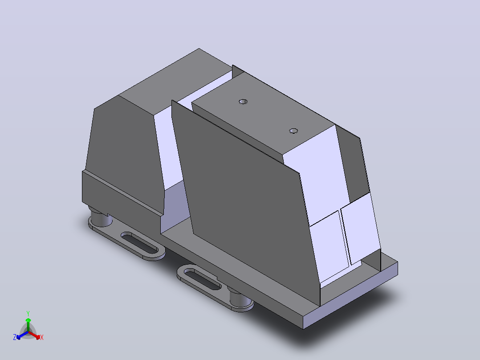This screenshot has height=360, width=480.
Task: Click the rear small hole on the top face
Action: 243,102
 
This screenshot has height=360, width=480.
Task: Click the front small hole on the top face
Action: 293,131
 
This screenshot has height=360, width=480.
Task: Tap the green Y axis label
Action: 28,313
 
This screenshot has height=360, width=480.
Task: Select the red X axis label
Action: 42,337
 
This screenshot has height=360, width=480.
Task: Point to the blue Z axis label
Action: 15,337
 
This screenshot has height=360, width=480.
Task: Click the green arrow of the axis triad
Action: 28,325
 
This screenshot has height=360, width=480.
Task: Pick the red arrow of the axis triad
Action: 34,335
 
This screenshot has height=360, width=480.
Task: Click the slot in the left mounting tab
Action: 140,243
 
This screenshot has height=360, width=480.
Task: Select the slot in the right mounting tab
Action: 203,278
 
